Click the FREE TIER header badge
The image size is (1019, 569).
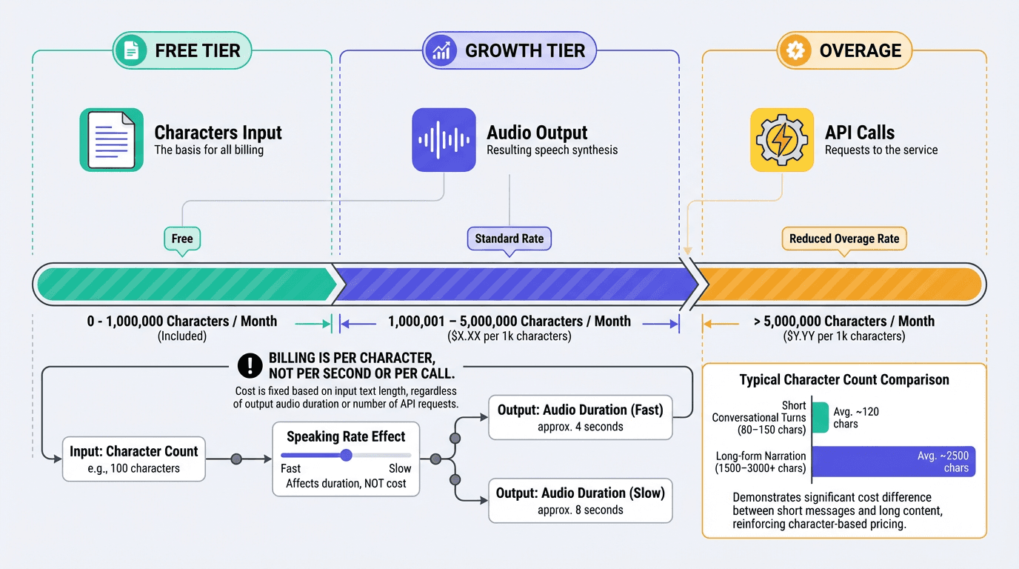point(182,50)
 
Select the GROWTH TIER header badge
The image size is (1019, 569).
point(509,50)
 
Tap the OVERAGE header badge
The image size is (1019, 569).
point(844,50)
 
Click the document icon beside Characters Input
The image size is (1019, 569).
point(112,140)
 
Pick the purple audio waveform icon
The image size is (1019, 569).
point(444,140)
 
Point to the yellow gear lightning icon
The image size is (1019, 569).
point(782,140)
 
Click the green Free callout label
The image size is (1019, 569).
point(182,239)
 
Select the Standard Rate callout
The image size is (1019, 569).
point(509,239)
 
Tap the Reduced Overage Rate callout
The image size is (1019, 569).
point(844,239)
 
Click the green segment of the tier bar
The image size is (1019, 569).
point(185,284)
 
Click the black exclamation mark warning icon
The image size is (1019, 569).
point(250,365)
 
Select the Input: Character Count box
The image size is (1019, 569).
point(134,459)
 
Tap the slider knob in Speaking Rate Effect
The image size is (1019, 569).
point(346,455)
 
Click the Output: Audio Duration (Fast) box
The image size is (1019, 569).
point(580,418)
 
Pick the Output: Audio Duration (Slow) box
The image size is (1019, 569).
point(580,501)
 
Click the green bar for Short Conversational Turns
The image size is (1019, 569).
point(821,417)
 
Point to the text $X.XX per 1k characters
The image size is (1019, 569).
point(509,336)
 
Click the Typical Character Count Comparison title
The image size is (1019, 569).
point(844,380)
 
